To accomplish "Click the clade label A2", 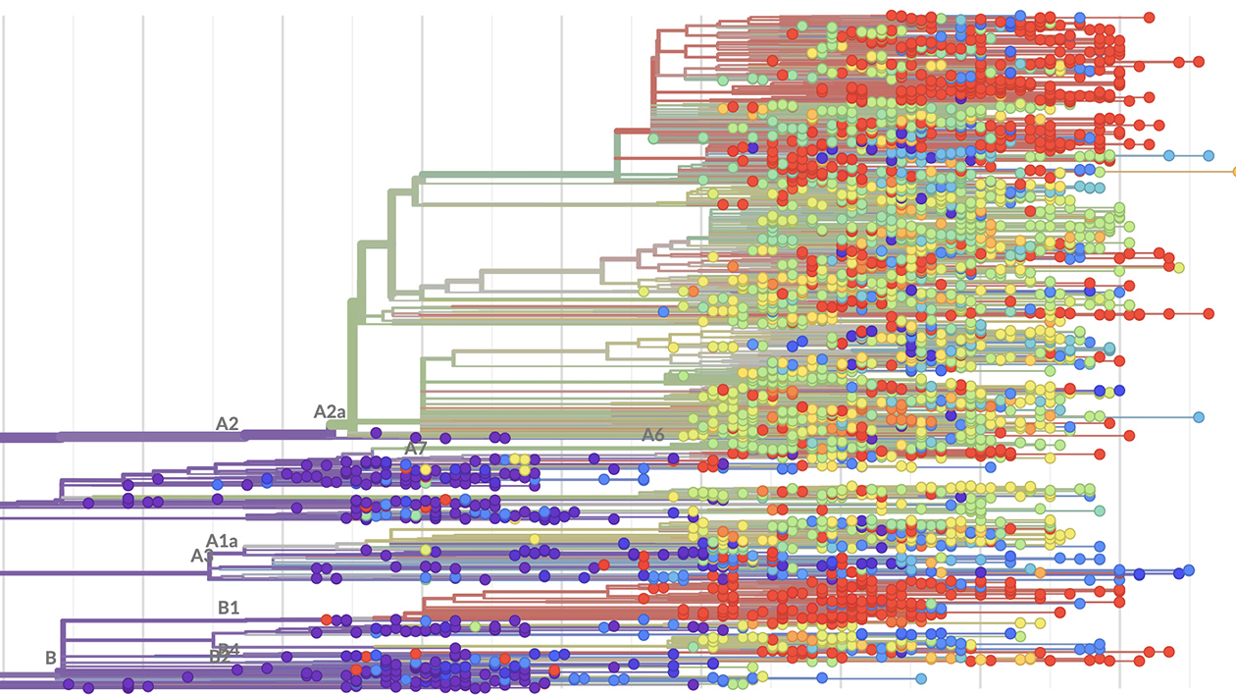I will [x=228, y=424].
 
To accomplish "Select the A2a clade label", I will [x=330, y=411].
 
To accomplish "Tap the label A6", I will [x=653, y=435].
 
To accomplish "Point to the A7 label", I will [x=416, y=449].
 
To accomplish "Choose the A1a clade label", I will [x=223, y=540].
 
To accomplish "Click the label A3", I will [x=202, y=556].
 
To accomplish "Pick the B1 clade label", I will [x=229, y=608].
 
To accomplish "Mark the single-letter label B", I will [x=50, y=658].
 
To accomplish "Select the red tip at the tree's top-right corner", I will [x=1149, y=17].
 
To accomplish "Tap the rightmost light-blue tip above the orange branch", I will [x=1209, y=155].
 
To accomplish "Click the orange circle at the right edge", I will [x=1233, y=172].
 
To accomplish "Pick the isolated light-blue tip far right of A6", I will [x=1199, y=417].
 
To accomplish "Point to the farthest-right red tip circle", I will [x=1199, y=63].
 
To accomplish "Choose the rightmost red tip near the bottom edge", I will [x=1169, y=652].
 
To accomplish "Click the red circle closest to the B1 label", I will [x=326, y=620].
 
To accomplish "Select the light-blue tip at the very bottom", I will [x=921, y=678].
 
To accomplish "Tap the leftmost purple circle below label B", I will [x=69, y=685].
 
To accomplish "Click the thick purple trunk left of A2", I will [x=98, y=436].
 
